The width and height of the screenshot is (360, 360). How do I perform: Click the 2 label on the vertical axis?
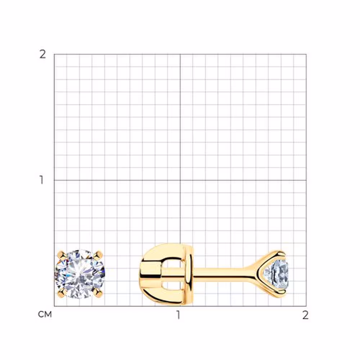tap(43, 55)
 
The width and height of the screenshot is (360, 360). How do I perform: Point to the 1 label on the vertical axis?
tap(41, 180)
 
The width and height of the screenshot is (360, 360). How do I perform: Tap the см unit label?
tap(45, 314)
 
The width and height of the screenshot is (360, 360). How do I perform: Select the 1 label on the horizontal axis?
tap(178, 315)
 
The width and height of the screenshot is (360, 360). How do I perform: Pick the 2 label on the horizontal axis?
tap(305, 315)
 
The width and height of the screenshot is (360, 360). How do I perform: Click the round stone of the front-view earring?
tap(80, 274)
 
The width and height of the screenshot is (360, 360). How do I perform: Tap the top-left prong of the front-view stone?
tap(62, 255)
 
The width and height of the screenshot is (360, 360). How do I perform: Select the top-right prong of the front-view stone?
tap(99, 255)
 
